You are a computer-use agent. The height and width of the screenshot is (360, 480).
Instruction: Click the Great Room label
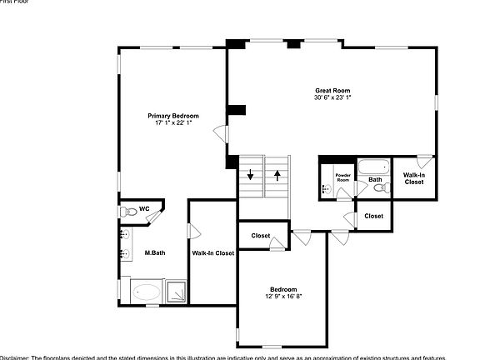click(x=332, y=90)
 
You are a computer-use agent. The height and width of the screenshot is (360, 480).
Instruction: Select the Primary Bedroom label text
click(x=173, y=116)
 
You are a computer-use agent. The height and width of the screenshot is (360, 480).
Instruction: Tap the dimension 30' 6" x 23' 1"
click(x=332, y=97)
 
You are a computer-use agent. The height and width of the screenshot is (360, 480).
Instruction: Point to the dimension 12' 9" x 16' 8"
click(x=283, y=296)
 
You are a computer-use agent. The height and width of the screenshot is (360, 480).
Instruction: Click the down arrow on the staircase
click(x=251, y=176)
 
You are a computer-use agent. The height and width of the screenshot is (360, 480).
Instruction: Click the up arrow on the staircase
click(x=277, y=176)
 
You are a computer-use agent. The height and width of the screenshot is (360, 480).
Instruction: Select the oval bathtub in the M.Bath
click(x=148, y=292)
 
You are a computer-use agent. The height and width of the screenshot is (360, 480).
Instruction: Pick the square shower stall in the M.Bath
click(x=176, y=292)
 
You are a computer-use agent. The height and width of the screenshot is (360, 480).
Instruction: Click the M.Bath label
click(x=152, y=252)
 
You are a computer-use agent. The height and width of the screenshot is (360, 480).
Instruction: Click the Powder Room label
click(x=343, y=178)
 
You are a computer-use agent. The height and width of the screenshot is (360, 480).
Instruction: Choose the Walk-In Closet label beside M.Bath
click(x=212, y=252)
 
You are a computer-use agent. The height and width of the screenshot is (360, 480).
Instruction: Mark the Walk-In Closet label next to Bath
click(x=414, y=178)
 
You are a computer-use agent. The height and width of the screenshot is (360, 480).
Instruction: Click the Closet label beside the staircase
click(x=261, y=236)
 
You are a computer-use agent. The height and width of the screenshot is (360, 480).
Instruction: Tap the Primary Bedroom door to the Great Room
click(x=220, y=133)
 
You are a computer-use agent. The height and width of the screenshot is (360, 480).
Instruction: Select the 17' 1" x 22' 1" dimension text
click(x=173, y=123)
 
